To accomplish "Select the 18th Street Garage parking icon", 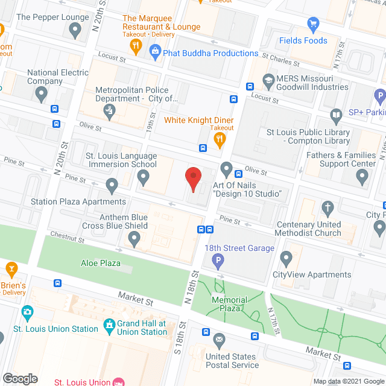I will pyautogui.click(x=218, y=261).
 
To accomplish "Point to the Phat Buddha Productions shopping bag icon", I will pyautogui.click(x=156, y=53).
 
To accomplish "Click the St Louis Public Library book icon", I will pyautogui.click(x=337, y=115).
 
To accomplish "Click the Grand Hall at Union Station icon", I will pyautogui.click(x=109, y=327).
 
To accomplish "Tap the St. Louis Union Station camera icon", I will pyautogui.click(x=27, y=312).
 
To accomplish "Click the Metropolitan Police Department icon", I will pyautogui.click(x=109, y=110).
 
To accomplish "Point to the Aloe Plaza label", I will pyautogui.click(x=101, y=263).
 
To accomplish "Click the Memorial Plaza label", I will pyautogui.click(x=229, y=304).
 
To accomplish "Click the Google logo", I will pyautogui.click(x=20, y=378).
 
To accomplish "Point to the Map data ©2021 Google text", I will pyautogui.click(x=348, y=381).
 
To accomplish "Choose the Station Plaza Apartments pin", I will pyautogui.click(x=112, y=185).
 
